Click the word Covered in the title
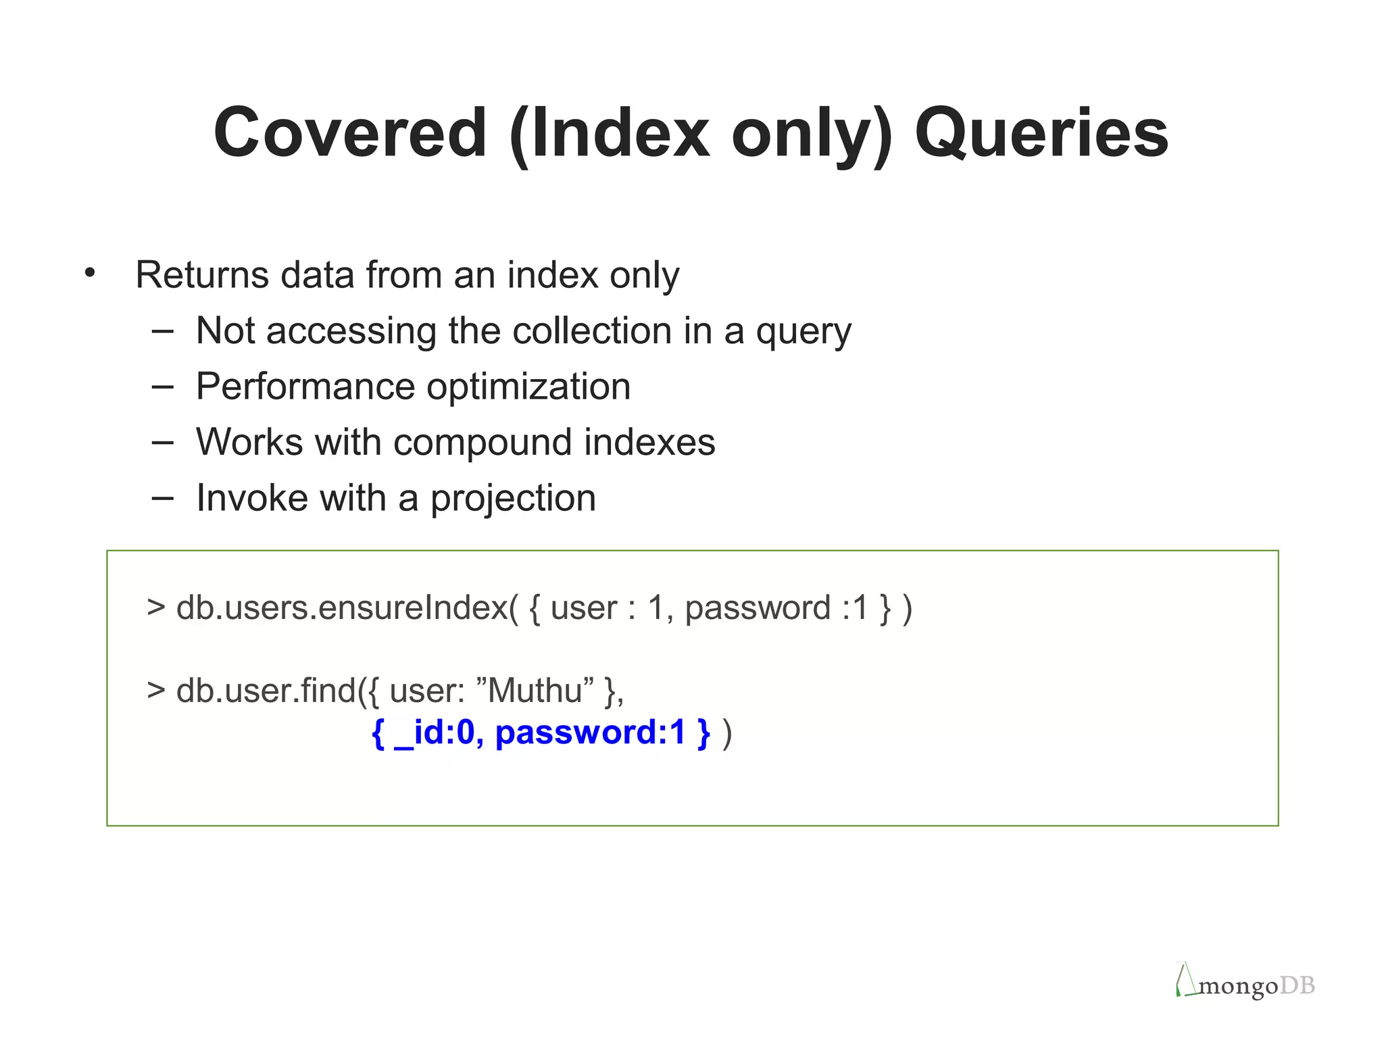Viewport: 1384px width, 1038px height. (350, 133)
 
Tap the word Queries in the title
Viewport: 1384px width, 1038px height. (1041, 133)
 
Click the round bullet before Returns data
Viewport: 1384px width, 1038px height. (90, 274)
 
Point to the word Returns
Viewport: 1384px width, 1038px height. (202, 275)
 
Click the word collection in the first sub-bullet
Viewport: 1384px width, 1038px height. (592, 331)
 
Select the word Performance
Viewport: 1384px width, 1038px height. (305, 387)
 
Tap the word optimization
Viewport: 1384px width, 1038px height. (528, 387)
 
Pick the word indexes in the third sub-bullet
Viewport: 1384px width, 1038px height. (649, 443)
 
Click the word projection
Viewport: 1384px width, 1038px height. (513, 499)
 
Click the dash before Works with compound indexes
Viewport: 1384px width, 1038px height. (162, 443)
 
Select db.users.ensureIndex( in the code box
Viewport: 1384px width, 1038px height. (347, 608)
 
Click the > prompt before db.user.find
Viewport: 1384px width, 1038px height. (156, 690)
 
